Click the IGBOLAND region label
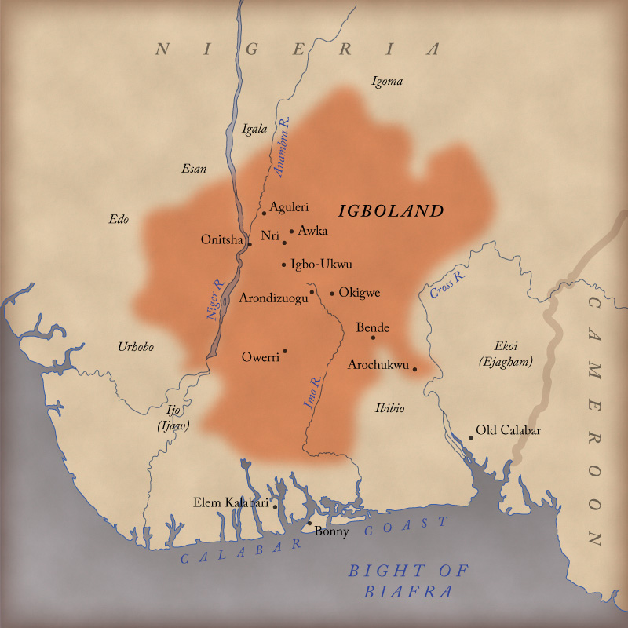pyautogui.click(x=391, y=210)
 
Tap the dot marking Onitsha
pyautogui.click(x=250, y=244)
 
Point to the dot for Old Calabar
pyautogui.click(x=470, y=437)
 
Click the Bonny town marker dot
pyautogui.click(x=309, y=524)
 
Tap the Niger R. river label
pyautogui.click(x=215, y=300)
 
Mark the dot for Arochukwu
pyautogui.click(x=414, y=368)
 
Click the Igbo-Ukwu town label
pyautogui.click(x=321, y=265)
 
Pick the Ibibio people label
pyautogui.click(x=390, y=407)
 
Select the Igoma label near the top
pyautogui.click(x=387, y=81)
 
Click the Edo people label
pyautogui.click(x=119, y=219)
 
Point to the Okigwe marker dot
pyautogui.click(x=332, y=294)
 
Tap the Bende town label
pyautogui.click(x=373, y=327)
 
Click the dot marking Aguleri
pyautogui.click(x=265, y=213)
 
